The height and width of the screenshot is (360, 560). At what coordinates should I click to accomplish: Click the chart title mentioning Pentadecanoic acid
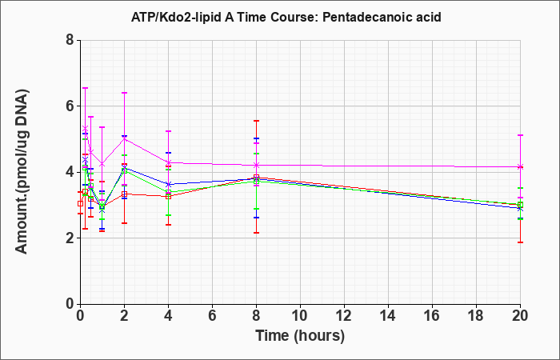(x=286, y=17)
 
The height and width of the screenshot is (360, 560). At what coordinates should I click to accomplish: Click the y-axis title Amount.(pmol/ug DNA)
(x=22, y=172)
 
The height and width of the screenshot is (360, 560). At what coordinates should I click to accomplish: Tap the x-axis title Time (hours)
(x=300, y=336)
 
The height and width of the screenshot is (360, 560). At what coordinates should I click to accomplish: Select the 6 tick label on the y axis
(x=70, y=106)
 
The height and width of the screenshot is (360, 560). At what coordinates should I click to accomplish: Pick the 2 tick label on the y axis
(x=70, y=238)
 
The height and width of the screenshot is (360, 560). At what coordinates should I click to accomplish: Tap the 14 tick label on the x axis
(x=388, y=316)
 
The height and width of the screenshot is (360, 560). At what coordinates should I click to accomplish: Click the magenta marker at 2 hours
(x=124, y=138)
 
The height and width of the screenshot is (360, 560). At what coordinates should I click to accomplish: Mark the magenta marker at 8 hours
(x=256, y=165)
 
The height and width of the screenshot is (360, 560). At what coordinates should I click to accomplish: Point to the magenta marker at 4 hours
(x=168, y=162)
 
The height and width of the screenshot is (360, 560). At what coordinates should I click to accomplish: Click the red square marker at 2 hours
(x=124, y=194)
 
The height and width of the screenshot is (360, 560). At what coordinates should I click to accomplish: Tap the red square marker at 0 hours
(x=80, y=203)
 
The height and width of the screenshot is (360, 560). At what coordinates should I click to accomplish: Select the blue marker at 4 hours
(x=168, y=184)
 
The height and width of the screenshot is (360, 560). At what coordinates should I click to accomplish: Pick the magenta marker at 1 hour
(x=102, y=164)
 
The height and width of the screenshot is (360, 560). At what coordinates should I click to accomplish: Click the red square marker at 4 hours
(x=168, y=197)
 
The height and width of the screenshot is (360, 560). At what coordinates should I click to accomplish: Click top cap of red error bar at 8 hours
(x=256, y=121)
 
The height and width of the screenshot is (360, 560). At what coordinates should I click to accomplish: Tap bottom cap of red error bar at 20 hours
(x=520, y=242)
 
